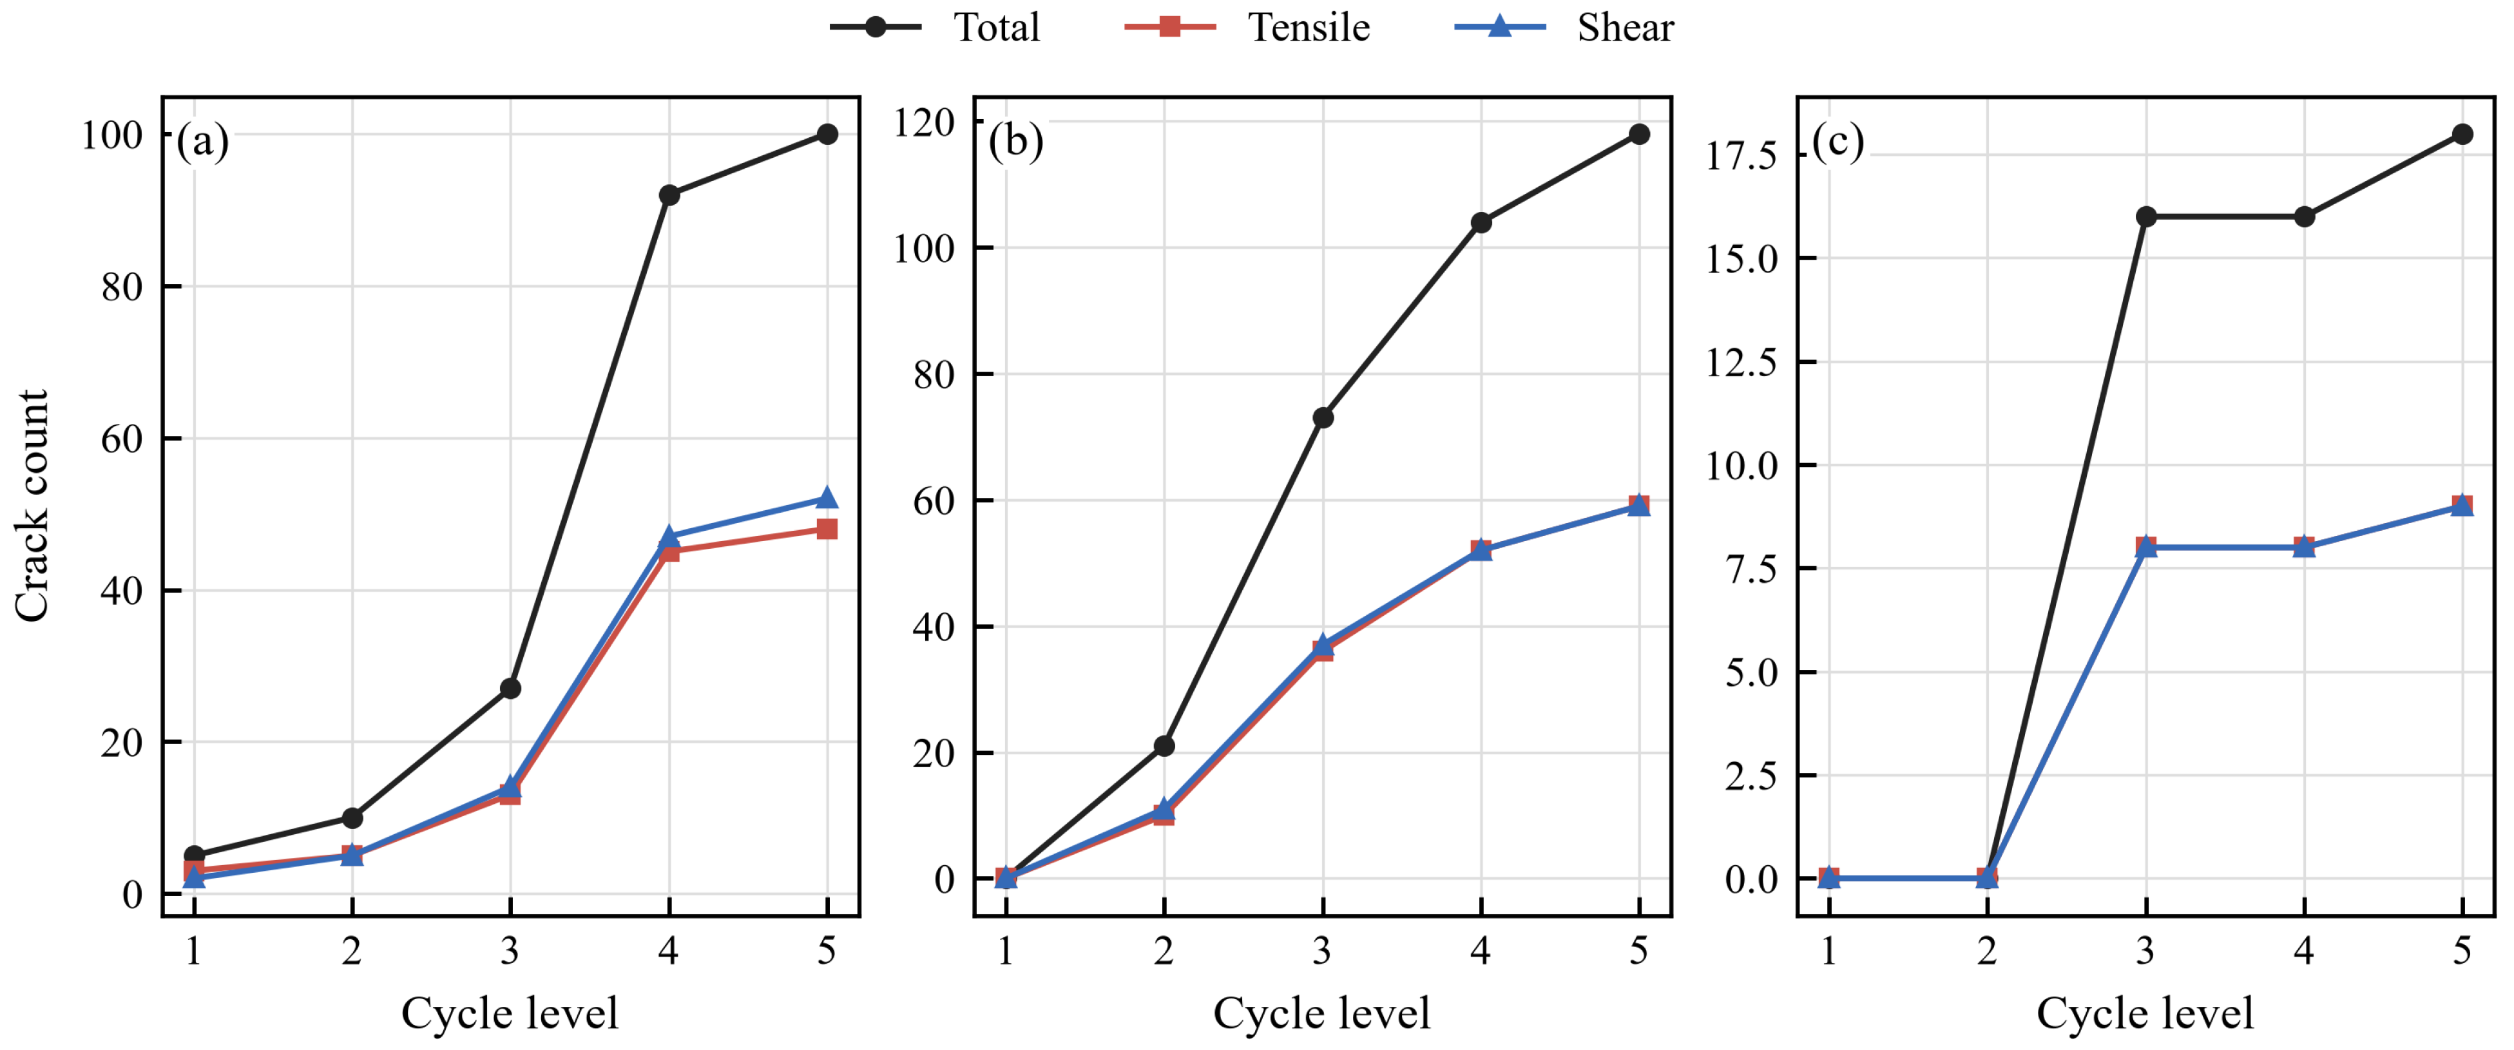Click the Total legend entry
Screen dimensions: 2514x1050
coord(934,27)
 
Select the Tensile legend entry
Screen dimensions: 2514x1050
coord(1247,27)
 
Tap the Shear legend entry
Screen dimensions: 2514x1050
coord(1564,27)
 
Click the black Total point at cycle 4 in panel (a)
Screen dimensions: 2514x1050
coord(669,195)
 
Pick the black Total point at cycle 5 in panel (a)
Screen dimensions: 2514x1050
coord(827,134)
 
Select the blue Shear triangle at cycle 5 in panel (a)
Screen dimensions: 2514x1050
coord(827,498)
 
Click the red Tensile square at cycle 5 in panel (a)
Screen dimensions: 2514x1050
coord(827,529)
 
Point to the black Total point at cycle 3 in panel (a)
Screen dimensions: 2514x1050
coord(510,689)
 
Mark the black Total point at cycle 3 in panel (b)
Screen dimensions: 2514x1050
coord(1322,417)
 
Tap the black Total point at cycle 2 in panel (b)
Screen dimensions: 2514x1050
coord(1164,745)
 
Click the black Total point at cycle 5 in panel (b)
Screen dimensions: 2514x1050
coord(1638,134)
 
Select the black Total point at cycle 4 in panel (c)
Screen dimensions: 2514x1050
coord(2303,216)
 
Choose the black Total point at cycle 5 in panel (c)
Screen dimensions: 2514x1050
coord(2462,134)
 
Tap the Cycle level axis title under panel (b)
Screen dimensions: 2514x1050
coord(1321,1013)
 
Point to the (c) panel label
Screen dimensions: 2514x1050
coord(1838,142)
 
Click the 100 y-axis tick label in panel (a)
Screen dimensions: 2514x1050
coord(111,135)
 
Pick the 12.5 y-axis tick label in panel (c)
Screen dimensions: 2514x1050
coord(1741,362)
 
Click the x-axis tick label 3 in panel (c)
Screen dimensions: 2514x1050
coord(2144,950)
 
